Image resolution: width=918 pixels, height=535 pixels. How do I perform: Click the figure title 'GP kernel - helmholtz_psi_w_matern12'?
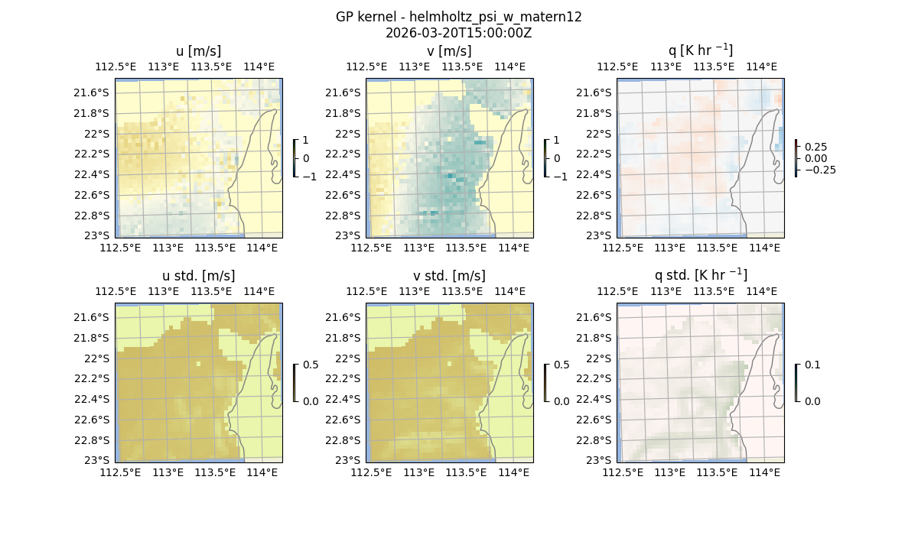(458, 17)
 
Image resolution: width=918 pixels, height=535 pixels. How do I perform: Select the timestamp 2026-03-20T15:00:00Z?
(458, 33)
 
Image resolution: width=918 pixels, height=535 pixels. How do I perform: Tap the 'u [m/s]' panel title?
(198, 51)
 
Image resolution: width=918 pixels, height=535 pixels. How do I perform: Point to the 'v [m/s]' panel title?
(449, 51)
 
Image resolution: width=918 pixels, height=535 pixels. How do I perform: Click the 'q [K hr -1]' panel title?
(700, 50)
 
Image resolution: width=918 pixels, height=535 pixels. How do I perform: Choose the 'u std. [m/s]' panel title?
(198, 276)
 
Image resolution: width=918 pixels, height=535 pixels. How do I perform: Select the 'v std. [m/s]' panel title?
(449, 276)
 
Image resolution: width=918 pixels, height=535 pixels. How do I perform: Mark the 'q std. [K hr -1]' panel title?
(700, 275)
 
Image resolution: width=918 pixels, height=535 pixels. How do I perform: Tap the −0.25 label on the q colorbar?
(819, 170)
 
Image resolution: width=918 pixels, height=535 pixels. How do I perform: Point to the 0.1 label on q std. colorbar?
(812, 365)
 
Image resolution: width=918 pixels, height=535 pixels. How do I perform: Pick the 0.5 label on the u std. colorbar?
(311, 365)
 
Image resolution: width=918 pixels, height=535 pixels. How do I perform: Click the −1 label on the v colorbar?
(561, 177)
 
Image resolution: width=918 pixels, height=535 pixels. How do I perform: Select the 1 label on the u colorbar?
(306, 141)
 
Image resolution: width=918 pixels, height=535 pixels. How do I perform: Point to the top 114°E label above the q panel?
(761, 66)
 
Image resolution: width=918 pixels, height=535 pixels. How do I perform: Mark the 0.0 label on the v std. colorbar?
(561, 401)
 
